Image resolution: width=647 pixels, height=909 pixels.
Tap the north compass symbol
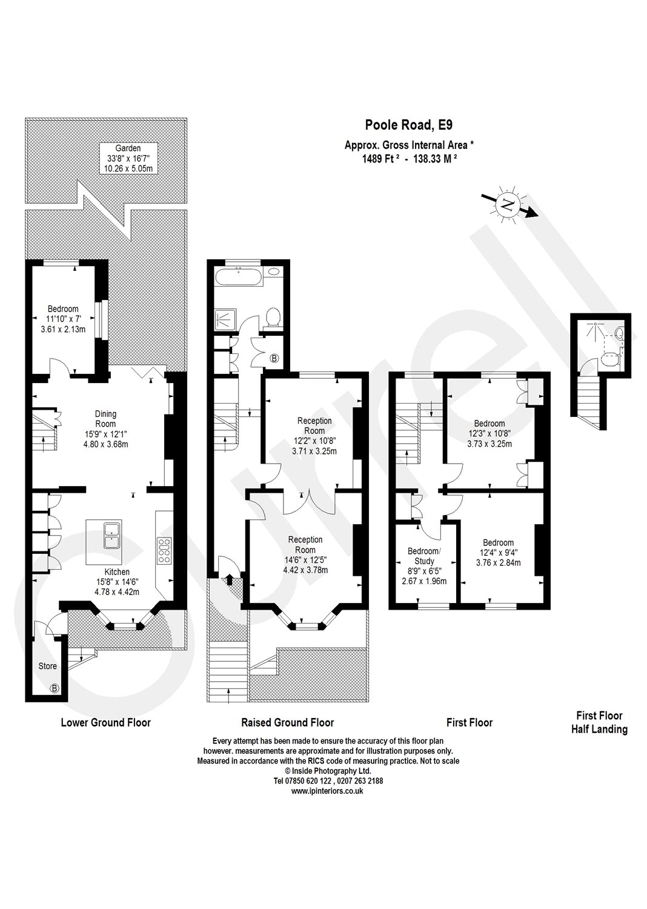pos(508,205)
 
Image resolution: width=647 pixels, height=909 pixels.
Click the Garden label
pos(128,148)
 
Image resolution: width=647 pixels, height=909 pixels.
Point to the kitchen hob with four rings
pos(164,551)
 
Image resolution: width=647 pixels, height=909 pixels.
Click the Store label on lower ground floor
pos(48,666)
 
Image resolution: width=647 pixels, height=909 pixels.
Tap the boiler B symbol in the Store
pos(55,688)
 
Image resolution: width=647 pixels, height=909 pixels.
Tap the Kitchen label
pos(117,571)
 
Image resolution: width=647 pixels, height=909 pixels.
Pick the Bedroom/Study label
pos(424,556)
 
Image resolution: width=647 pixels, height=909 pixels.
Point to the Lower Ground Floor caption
pos(105,722)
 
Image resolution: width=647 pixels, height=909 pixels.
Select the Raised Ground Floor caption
pos(287,722)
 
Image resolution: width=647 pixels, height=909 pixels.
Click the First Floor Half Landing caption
pos(599,722)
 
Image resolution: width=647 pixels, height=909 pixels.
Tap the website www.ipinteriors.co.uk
pos(327,791)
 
